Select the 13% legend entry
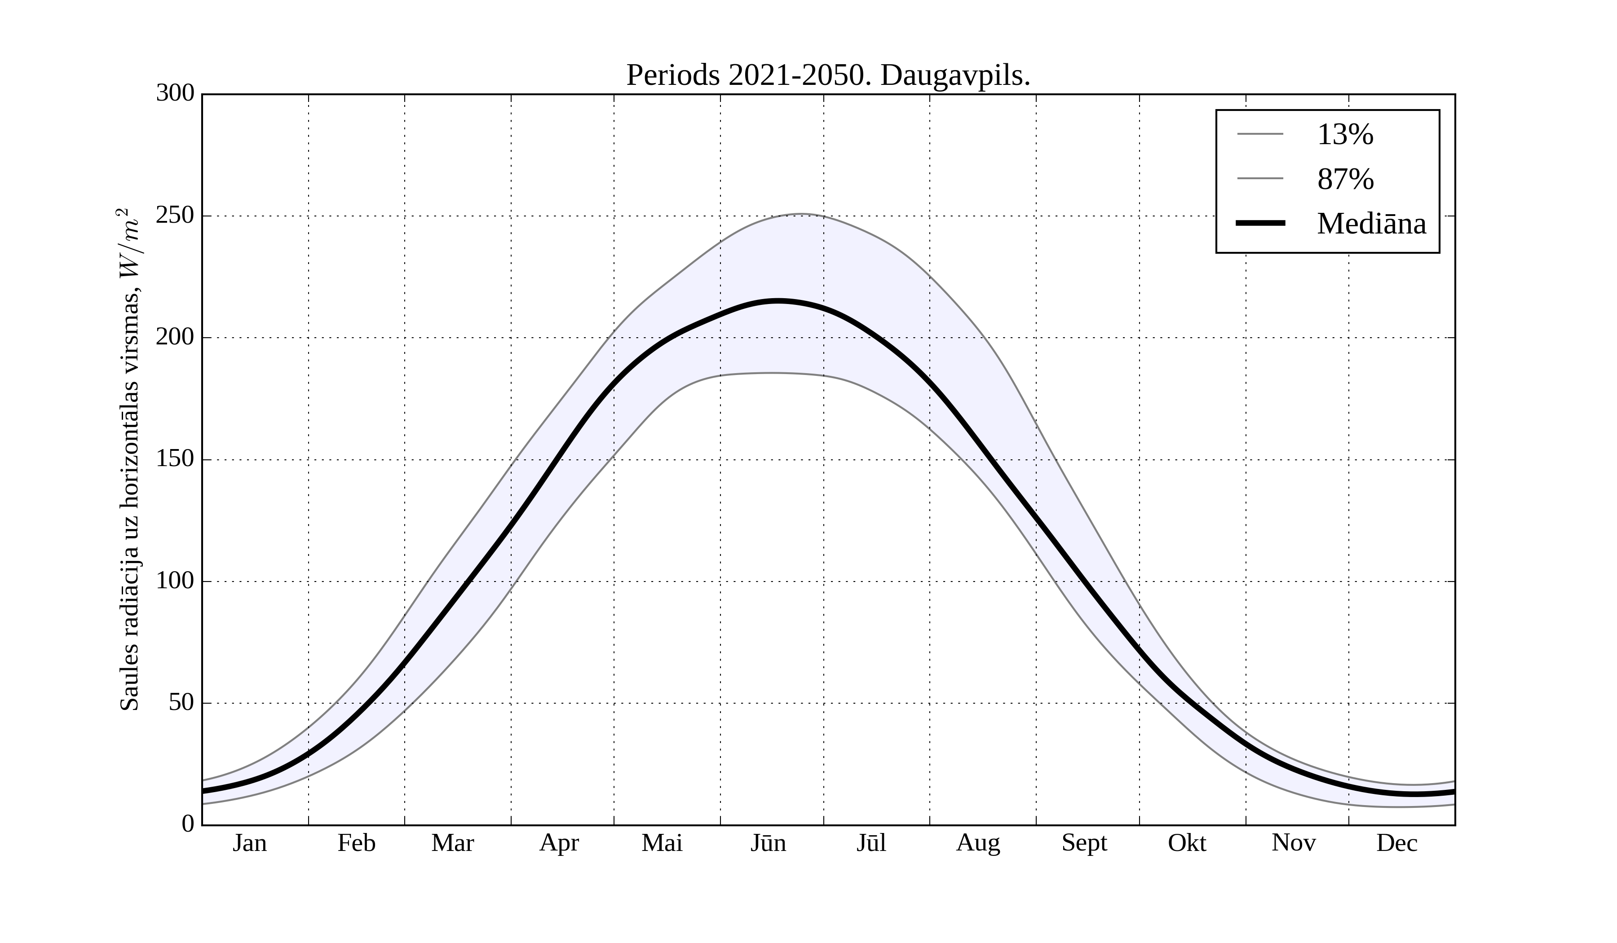[x=1345, y=135]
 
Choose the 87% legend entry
[x=1345, y=179]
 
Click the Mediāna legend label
[x=1371, y=224]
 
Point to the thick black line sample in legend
[x=1260, y=223]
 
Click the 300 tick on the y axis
[x=175, y=94]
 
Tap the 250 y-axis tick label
[x=175, y=216]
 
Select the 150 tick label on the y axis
[x=175, y=459]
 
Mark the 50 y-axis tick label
[x=181, y=703]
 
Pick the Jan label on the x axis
[x=250, y=843]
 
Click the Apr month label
[x=559, y=843]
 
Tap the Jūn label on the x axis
[x=768, y=843]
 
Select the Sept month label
[x=1084, y=843]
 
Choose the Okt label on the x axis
[x=1187, y=843]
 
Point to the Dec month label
[x=1397, y=843]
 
